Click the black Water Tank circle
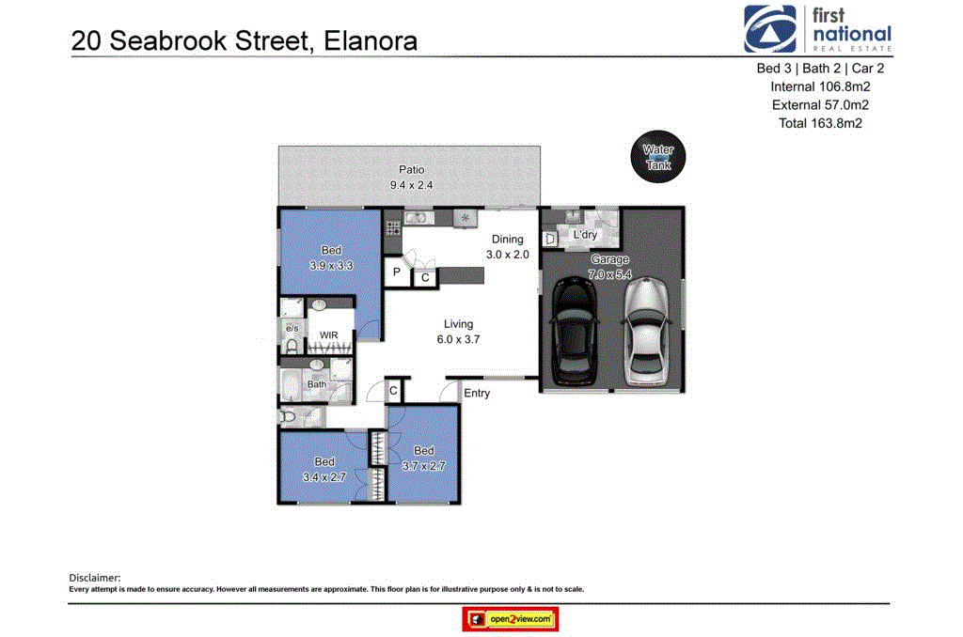click(657, 157)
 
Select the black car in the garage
click(575, 333)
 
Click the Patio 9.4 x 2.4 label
click(411, 178)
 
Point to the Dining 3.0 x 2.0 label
click(507, 247)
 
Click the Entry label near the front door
click(477, 393)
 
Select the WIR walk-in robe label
click(328, 334)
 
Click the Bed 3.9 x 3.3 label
click(331, 257)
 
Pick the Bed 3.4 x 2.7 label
click(324, 469)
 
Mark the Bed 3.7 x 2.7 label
click(422, 458)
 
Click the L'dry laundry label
click(585, 235)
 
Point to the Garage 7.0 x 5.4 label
click(608, 267)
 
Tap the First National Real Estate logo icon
click(771, 30)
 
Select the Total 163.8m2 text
click(820, 123)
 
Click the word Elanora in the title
click(371, 41)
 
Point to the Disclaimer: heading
click(95, 578)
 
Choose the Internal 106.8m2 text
click(820, 86)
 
